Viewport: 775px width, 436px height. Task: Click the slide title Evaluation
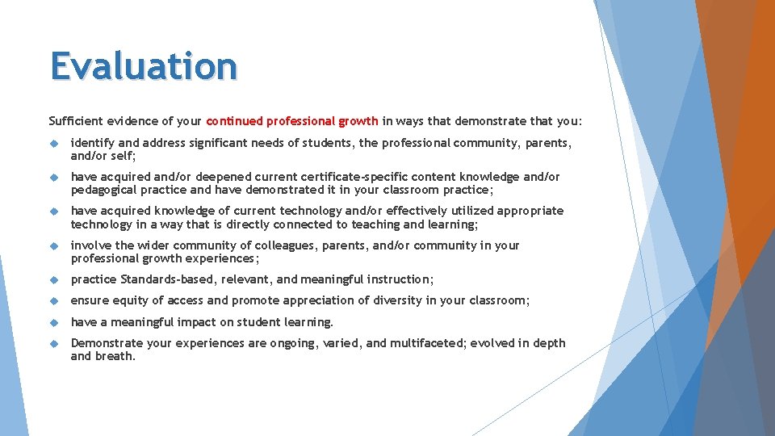click(x=144, y=66)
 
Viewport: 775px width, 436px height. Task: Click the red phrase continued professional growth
click(x=292, y=121)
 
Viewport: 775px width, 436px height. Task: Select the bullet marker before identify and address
click(x=54, y=143)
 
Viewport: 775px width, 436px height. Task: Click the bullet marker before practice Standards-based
click(x=54, y=279)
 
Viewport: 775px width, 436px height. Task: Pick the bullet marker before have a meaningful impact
click(x=54, y=322)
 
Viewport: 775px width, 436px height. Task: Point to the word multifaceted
click(x=439, y=343)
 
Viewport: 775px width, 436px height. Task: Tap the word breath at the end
click(x=115, y=356)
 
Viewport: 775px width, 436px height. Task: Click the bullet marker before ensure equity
click(x=54, y=300)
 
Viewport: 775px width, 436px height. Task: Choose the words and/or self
click(x=103, y=156)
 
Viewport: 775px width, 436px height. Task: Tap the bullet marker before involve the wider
click(x=54, y=245)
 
